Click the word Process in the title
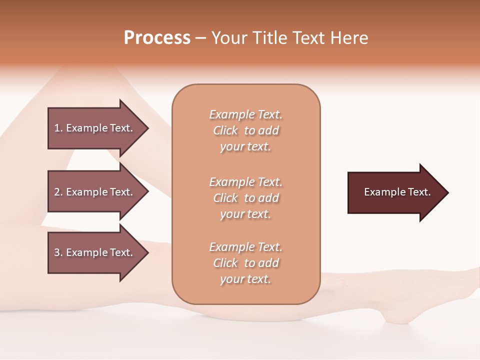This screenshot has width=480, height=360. tap(157, 38)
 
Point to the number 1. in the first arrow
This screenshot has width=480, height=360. tap(58, 128)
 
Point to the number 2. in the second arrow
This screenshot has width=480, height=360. tap(58, 192)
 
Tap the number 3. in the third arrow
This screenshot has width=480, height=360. tap(58, 252)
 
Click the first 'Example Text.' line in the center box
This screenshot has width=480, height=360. tap(245, 114)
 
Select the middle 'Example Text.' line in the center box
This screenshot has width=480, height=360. tap(245, 181)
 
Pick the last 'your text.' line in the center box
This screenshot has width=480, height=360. tap(245, 279)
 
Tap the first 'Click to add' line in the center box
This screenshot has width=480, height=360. tap(245, 130)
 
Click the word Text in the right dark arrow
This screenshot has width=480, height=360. tap(419, 192)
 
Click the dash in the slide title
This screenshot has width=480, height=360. tap(200, 38)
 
